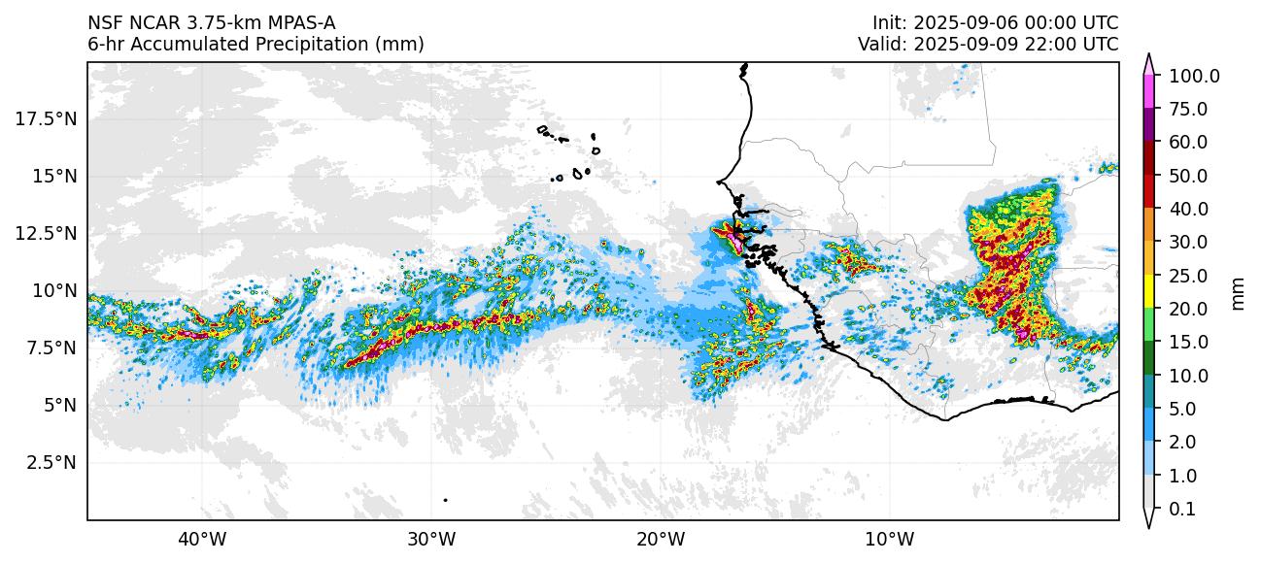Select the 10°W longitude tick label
coord(889,539)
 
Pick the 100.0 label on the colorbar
coord(1194,77)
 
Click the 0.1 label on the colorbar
coord(1181,509)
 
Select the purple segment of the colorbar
coord(1148,126)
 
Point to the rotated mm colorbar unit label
coord(1237,292)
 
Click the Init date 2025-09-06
coord(958,22)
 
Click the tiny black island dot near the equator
coord(445,500)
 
